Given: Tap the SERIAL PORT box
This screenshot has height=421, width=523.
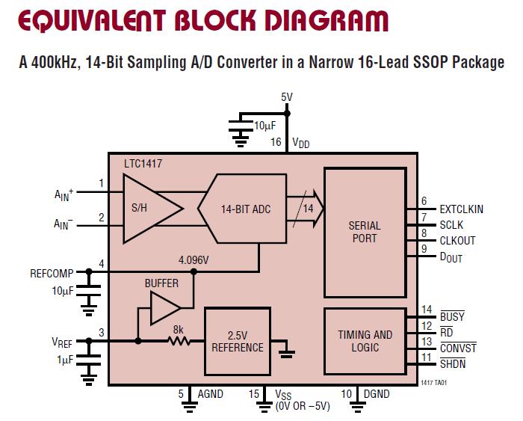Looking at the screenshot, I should [x=364, y=231].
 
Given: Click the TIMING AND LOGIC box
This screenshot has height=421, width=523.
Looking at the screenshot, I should [x=364, y=341].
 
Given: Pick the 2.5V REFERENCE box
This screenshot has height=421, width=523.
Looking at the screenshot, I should [x=238, y=341].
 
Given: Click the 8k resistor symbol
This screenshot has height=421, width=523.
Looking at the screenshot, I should [x=179, y=341].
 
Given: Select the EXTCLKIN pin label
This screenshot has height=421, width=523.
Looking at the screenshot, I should [x=462, y=209].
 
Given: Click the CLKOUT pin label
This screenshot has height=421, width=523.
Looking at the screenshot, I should [x=457, y=241].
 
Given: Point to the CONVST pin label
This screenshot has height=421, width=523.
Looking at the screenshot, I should [x=457, y=348].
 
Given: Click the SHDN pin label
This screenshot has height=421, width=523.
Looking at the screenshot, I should [x=453, y=363].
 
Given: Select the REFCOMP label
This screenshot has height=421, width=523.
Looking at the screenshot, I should [x=52, y=273].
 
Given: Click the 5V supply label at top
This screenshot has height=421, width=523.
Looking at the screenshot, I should [x=287, y=97].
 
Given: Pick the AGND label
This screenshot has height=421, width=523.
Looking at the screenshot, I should [x=210, y=394].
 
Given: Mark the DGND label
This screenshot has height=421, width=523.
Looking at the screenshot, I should [x=376, y=394].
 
